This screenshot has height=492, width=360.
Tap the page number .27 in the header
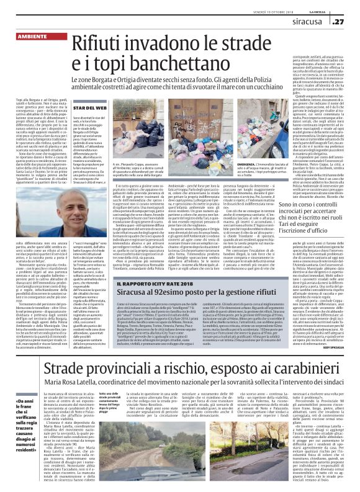(x=343, y=22)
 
